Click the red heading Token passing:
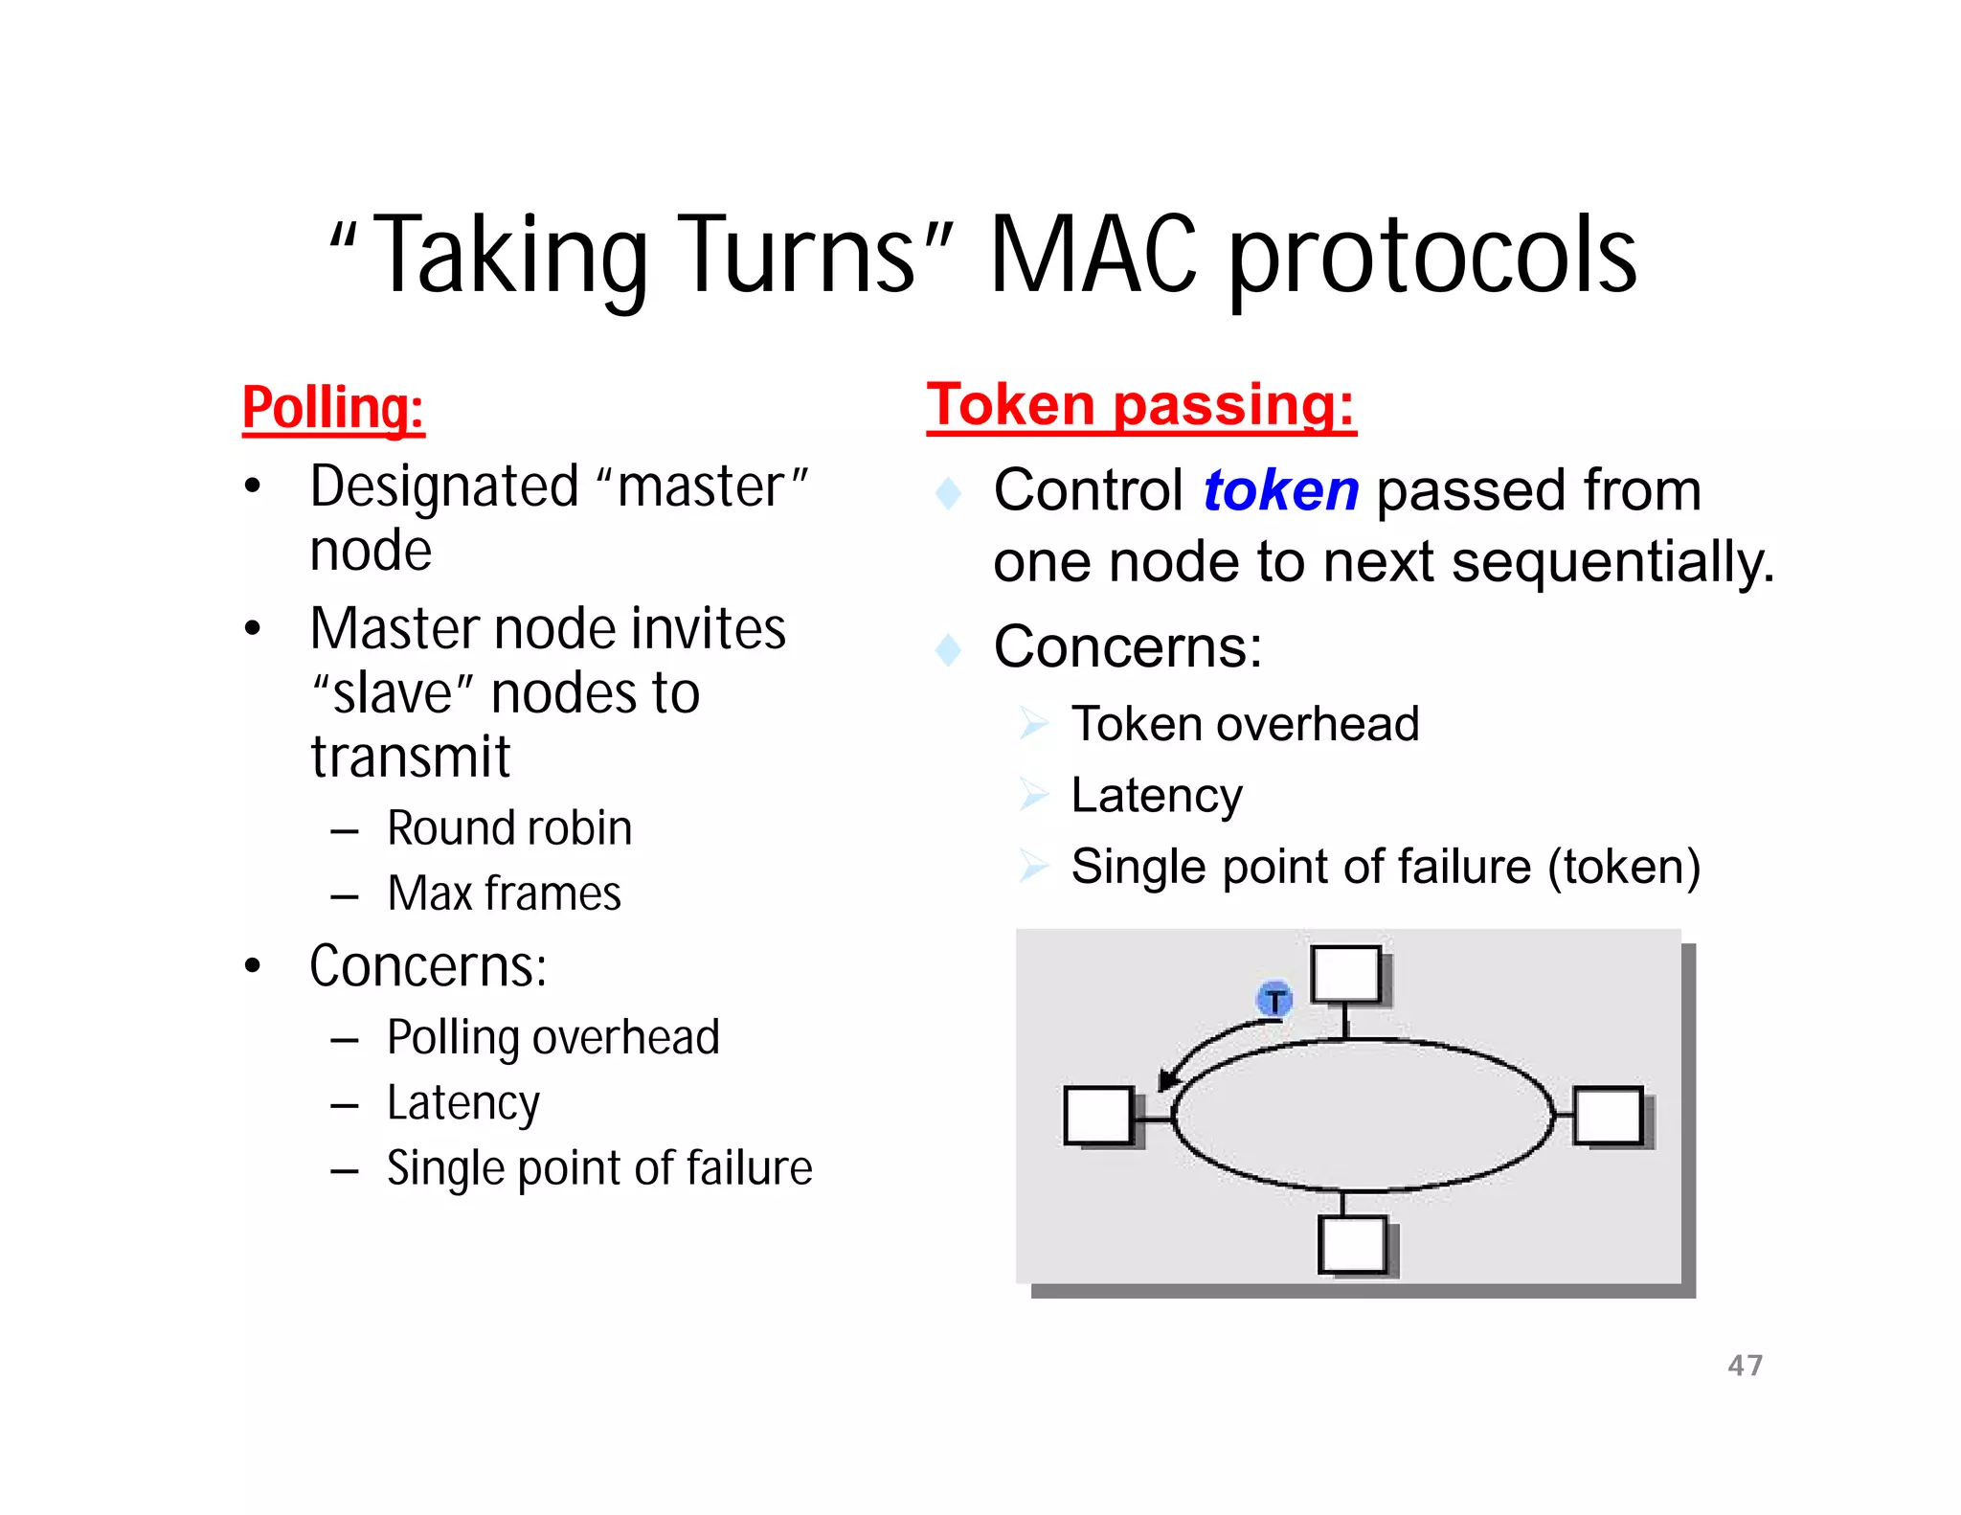coord(1140,405)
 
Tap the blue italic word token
coord(1280,490)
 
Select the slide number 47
coord(1745,1365)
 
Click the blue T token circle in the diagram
coord(1274,1001)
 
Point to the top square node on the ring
coord(1345,974)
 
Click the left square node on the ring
coord(1097,1116)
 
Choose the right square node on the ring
coord(1609,1115)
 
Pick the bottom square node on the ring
coord(1352,1244)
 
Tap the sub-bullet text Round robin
coord(509,828)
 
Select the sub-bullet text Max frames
coord(504,893)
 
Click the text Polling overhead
coord(552,1037)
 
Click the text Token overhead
coord(1245,724)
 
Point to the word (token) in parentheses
coord(1624,867)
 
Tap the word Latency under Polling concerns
coord(462,1102)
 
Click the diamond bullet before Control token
coord(948,493)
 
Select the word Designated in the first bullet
coord(444,486)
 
